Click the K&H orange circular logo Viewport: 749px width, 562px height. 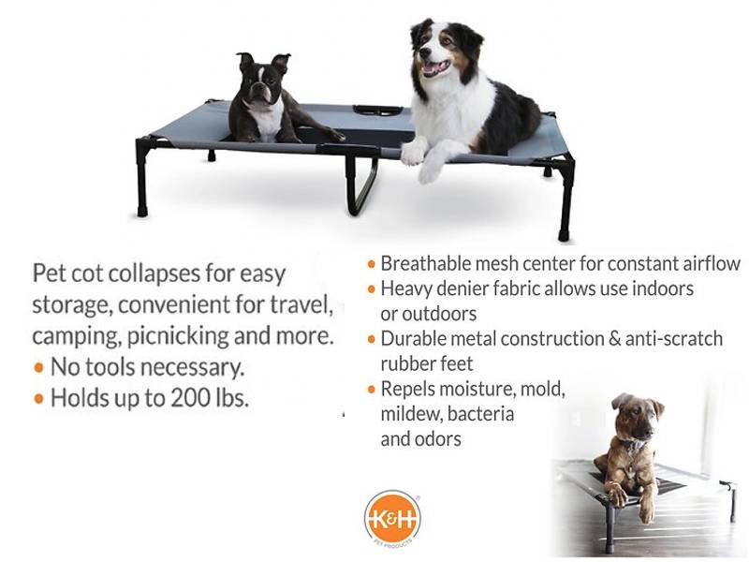click(x=392, y=518)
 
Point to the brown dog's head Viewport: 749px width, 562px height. click(x=638, y=418)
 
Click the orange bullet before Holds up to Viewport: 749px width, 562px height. click(x=39, y=398)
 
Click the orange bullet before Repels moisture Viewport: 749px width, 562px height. click(x=372, y=390)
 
